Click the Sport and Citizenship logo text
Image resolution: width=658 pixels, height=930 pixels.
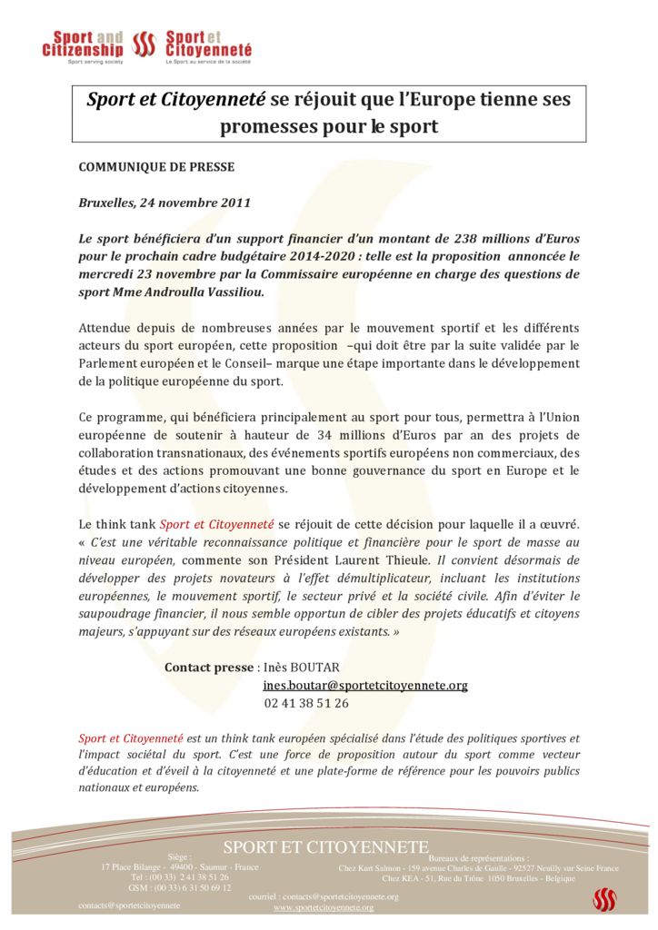[x=83, y=44]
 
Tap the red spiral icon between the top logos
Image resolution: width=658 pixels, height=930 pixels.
[x=145, y=44]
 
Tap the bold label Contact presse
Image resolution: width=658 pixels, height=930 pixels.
[x=209, y=668]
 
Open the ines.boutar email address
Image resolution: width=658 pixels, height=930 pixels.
[x=365, y=686]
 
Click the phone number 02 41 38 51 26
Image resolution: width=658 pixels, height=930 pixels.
[x=306, y=703]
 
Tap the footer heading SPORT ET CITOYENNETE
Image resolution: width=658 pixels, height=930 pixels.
[x=326, y=847]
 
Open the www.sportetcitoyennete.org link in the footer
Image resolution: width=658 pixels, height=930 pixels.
[x=324, y=907]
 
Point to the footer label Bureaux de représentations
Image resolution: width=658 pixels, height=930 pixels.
[x=478, y=858]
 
